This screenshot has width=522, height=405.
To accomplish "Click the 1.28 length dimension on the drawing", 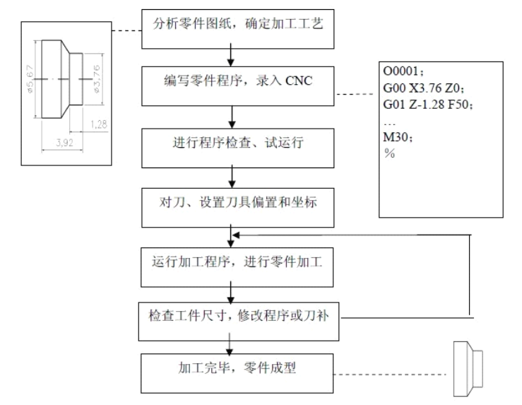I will click(100, 124).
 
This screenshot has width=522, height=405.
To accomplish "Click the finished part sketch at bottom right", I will click(465, 369).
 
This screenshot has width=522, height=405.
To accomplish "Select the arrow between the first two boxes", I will click(232, 56).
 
